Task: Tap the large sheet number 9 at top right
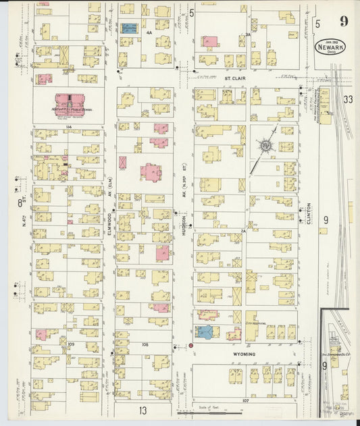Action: tap(344, 20)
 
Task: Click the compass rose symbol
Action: tap(266, 146)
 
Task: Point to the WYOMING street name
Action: tap(245, 354)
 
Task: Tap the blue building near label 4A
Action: tap(129, 28)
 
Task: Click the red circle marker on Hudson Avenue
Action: tap(190, 345)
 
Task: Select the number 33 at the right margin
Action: tap(348, 99)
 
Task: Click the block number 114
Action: tap(68, 127)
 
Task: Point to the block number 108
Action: tap(145, 344)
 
